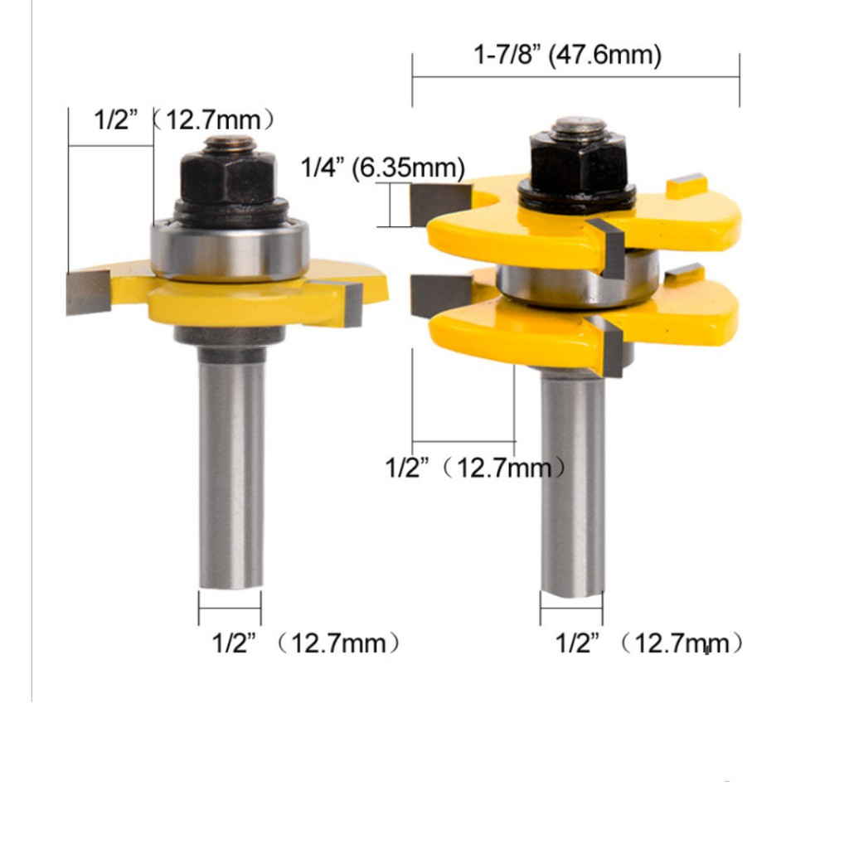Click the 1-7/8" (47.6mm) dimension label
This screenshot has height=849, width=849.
pyautogui.click(x=567, y=56)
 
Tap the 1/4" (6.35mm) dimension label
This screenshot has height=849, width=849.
pyautogui.click(x=383, y=167)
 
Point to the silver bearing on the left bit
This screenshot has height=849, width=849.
pyautogui.click(x=230, y=250)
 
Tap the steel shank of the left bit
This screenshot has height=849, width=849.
pyautogui.click(x=231, y=467)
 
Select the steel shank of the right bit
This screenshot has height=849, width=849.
pyautogui.click(x=573, y=483)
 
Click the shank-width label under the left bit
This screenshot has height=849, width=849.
pyautogui.click(x=306, y=643)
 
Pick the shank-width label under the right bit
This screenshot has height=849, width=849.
pyautogui.click(x=649, y=643)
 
